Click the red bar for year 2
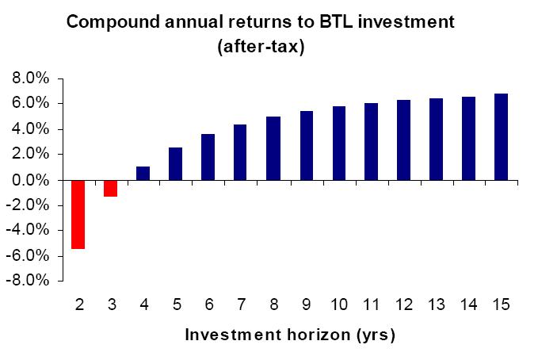78,214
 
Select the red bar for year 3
111,188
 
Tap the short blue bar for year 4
143,173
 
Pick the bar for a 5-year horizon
176,163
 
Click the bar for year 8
273,148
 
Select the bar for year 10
338,143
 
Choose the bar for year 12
403,140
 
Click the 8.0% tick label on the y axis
32,79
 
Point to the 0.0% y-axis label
32,180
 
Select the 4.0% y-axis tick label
32,129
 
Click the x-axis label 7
241,305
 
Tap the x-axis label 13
436,305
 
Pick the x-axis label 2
78,305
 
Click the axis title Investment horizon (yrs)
289,335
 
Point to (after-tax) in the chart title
261,46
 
